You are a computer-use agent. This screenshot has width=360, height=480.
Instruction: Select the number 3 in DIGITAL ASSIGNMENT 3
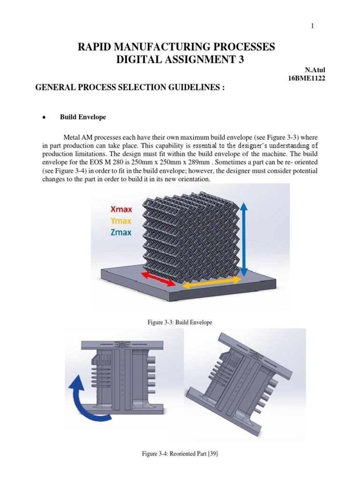241,60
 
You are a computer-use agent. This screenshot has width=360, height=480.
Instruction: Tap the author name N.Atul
315,70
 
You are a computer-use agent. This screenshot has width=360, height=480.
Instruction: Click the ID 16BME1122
307,78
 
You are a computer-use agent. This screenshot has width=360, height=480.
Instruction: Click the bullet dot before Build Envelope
43,117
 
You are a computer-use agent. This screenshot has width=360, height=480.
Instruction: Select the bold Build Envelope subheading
82,117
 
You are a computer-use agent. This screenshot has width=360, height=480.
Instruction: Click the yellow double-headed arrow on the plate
211,282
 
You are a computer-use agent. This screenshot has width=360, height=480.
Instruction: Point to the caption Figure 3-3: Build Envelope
180,322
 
